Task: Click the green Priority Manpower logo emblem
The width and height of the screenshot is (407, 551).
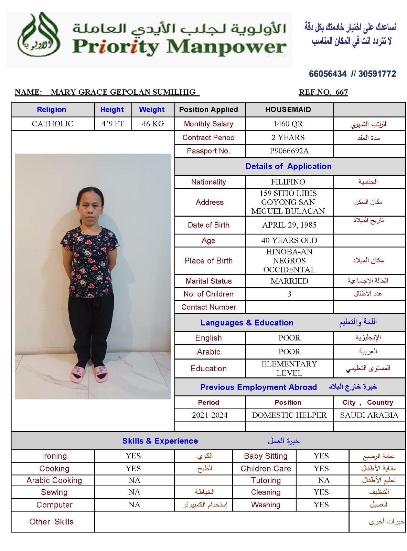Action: (x=39, y=35)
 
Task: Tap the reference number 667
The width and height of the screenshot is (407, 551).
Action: (x=342, y=92)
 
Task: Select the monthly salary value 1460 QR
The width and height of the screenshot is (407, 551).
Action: (x=288, y=124)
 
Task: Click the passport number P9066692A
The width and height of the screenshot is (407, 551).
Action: (x=289, y=151)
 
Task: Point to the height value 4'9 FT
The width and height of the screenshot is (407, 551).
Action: (x=113, y=124)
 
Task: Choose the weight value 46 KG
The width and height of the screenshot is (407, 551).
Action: (x=153, y=124)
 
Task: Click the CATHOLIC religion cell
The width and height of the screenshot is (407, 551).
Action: (x=52, y=124)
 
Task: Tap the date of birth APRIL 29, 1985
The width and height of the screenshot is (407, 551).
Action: (x=289, y=225)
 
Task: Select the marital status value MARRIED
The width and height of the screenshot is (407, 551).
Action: (x=289, y=281)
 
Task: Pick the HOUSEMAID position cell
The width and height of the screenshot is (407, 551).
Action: (x=288, y=110)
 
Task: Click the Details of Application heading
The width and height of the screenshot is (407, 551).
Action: (x=288, y=166)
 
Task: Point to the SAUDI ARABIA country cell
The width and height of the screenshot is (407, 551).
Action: (x=369, y=415)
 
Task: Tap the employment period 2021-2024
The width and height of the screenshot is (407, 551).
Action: (x=210, y=415)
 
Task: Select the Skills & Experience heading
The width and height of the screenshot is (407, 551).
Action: (x=160, y=441)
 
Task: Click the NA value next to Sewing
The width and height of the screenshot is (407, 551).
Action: (x=134, y=492)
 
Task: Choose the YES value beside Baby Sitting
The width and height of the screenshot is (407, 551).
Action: (x=321, y=456)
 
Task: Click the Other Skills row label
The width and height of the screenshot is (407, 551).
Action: (x=51, y=522)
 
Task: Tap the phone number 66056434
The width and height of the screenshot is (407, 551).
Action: (x=328, y=74)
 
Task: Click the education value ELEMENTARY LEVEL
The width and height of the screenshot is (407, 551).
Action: (x=289, y=368)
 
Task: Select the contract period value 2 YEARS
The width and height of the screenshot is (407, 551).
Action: (x=288, y=138)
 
